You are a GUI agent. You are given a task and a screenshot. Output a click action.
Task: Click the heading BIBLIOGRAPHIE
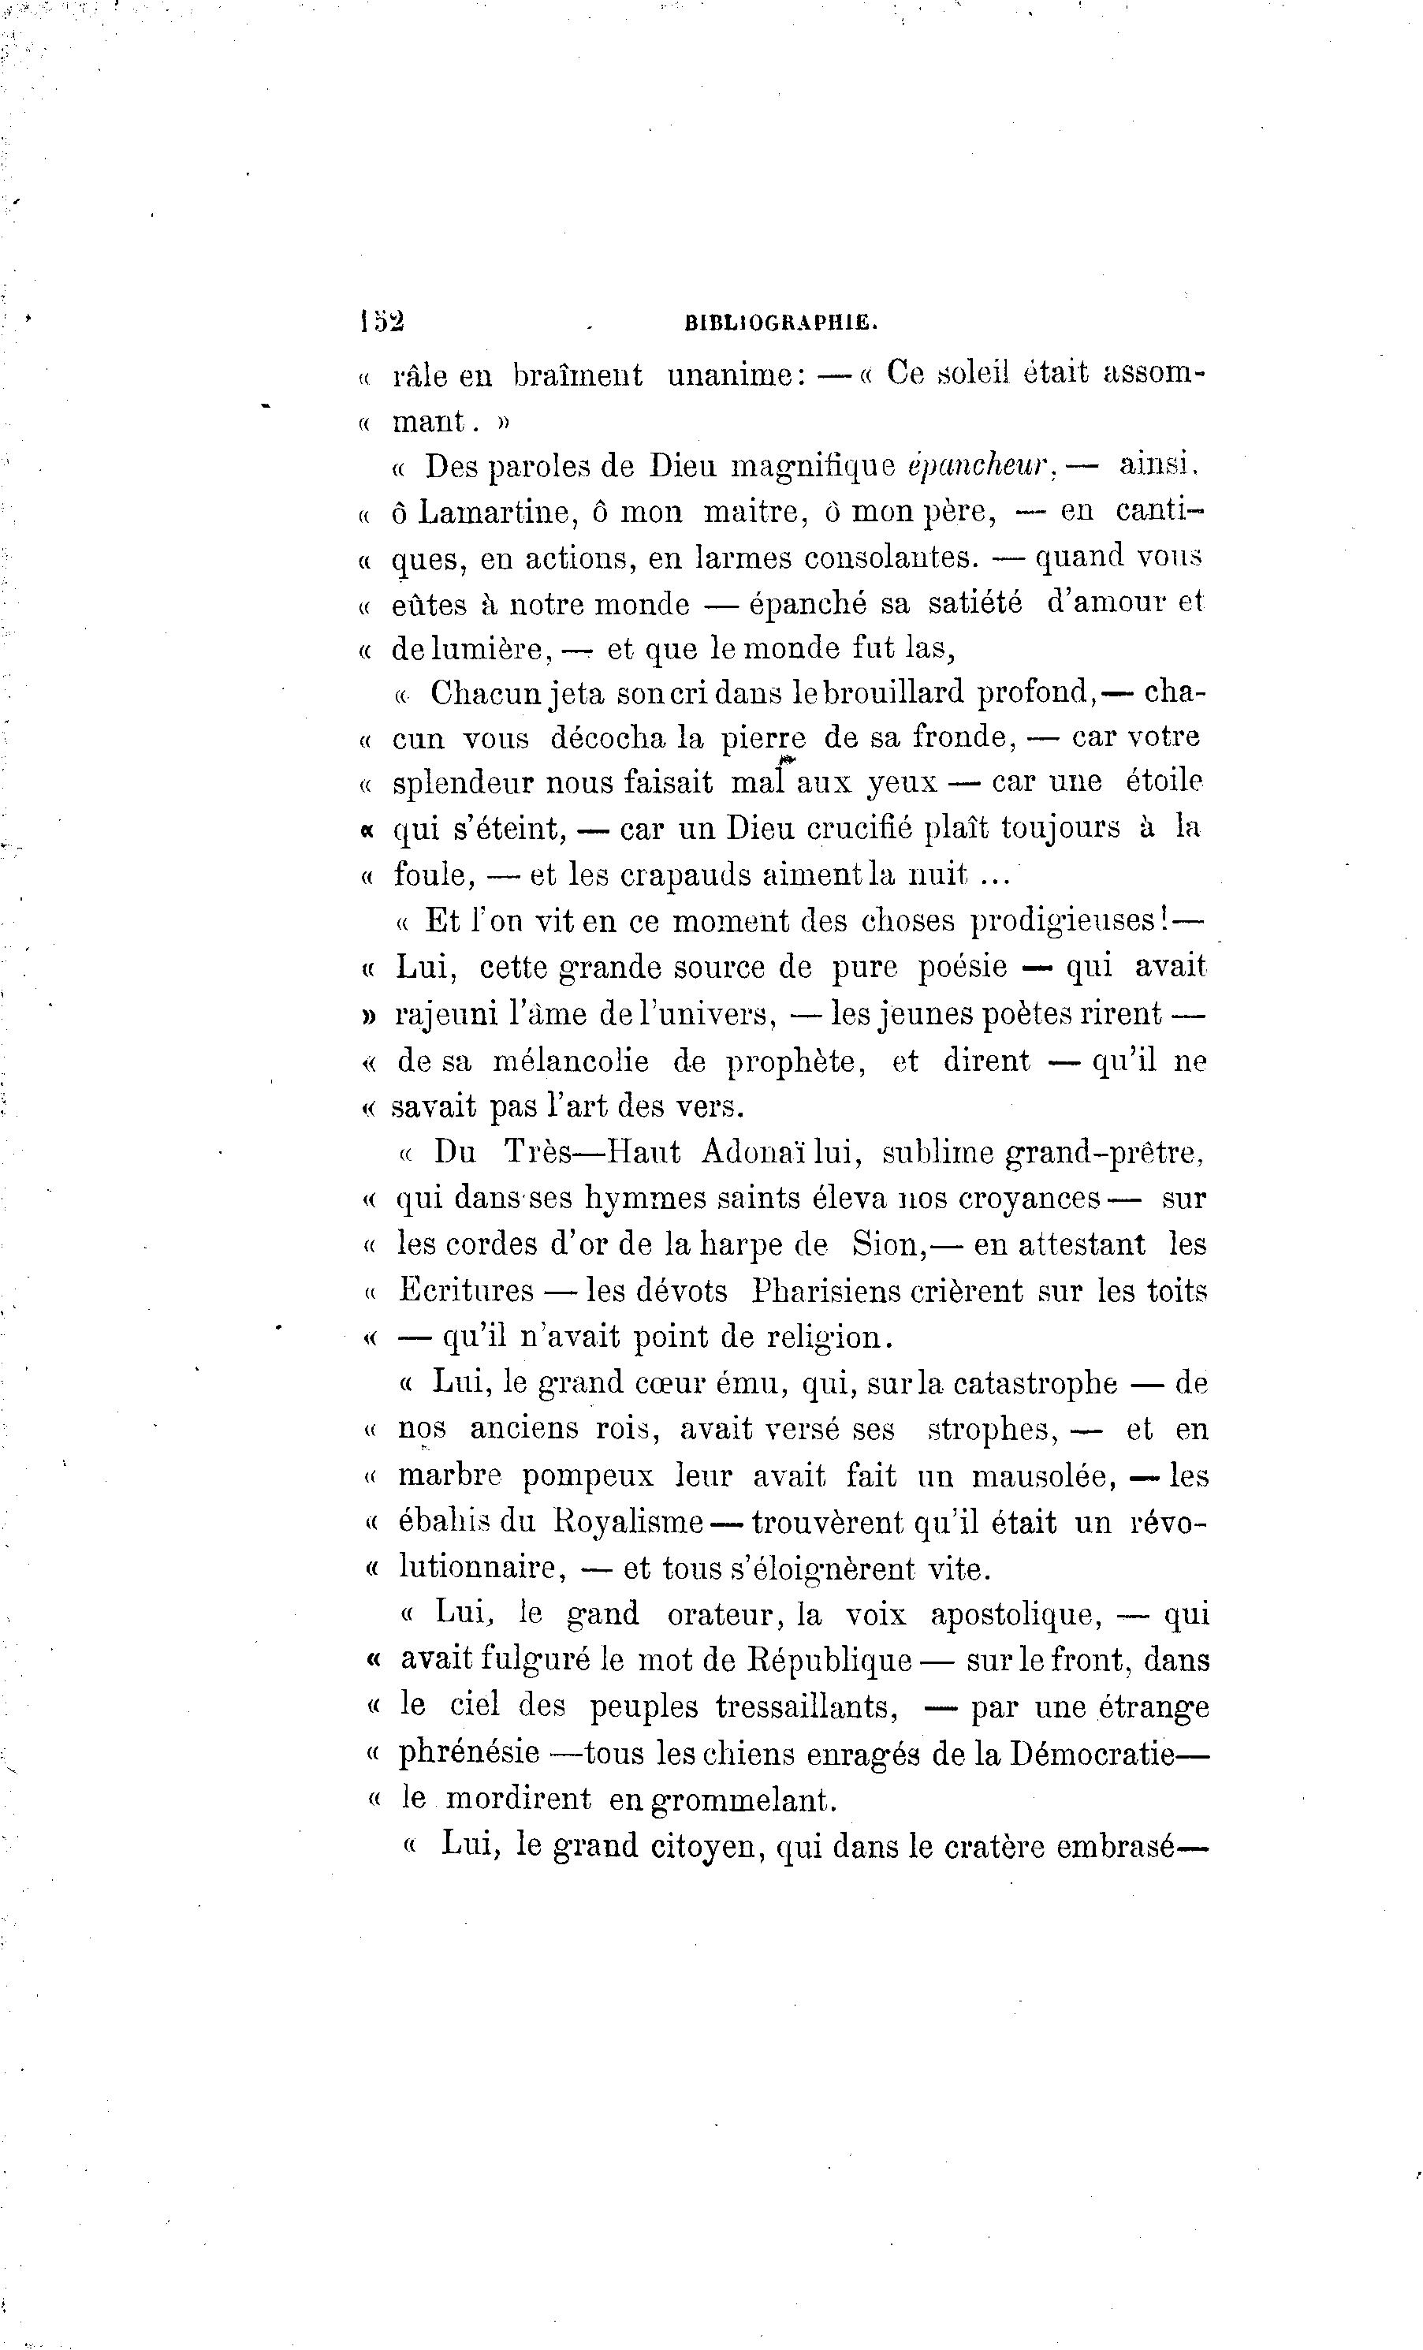(781, 323)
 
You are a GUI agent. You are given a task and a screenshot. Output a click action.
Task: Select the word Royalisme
(628, 1521)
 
